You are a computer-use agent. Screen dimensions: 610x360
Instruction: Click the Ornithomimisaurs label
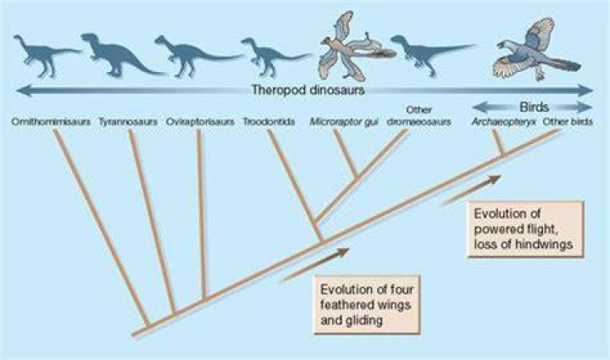point(51,122)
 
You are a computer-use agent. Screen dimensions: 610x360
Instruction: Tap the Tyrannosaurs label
point(128,122)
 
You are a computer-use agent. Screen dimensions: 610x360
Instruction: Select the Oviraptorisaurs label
point(200,122)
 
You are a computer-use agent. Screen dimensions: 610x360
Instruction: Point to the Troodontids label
point(269,122)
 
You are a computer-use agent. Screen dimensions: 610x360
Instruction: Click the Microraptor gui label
point(344,122)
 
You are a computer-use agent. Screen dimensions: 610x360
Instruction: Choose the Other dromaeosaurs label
point(419,116)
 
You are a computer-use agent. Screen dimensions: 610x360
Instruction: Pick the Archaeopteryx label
point(503,122)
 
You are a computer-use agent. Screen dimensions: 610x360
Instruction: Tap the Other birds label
point(568,122)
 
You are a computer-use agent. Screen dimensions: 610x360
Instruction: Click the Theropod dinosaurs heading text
point(308,90)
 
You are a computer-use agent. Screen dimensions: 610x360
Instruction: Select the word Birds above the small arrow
point(534,107)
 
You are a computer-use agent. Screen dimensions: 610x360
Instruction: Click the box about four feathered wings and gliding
point(367,305)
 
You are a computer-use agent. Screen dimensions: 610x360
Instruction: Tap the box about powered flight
point(525,229)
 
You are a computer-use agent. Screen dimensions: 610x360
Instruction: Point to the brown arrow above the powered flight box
point(472,190)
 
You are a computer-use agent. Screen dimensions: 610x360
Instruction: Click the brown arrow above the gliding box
point(314,265)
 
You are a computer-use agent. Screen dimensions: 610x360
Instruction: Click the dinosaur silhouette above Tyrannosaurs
point(119,54)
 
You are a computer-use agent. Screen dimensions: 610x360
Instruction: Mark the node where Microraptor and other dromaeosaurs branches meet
point(357,178)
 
